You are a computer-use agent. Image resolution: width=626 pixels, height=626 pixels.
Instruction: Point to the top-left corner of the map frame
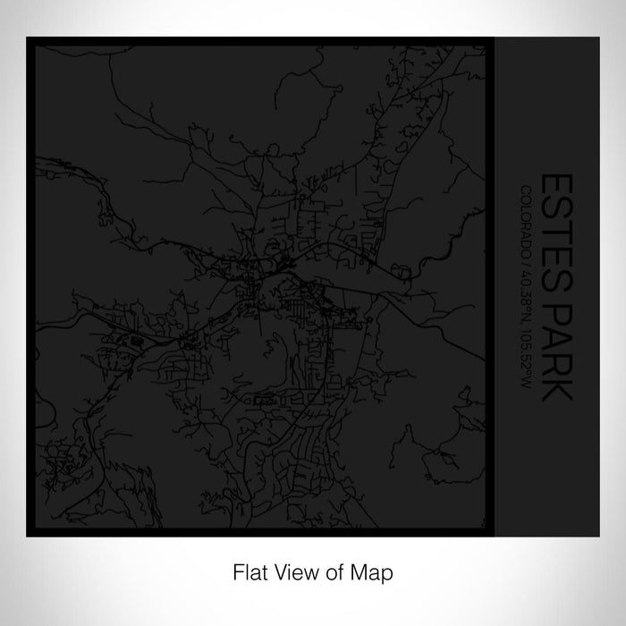[x=28, y=38]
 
